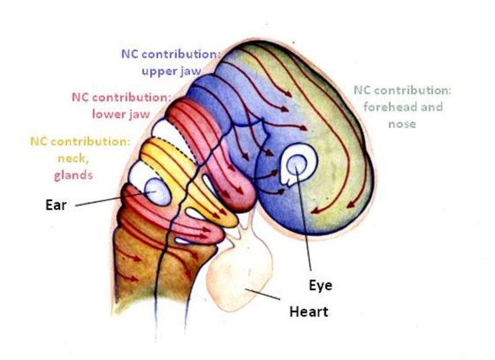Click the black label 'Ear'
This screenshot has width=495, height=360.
pyautogui.click(x=56, y=205)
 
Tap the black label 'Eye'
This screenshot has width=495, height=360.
pyautogui.click(x=321, y=286)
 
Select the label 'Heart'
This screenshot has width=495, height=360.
pyautogui.click(x=309, y=312)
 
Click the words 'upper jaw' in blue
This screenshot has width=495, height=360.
pyautogui.click(x=171, y=71)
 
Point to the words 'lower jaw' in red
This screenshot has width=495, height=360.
pyautogui.click(x=121, y=114)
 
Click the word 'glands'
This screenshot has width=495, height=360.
pyautogui.click(x=74, y=176)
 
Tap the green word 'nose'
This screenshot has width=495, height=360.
pyautogui.click(x=402, y=124)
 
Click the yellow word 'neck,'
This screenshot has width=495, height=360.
pyautogui.click(x=73, y=158)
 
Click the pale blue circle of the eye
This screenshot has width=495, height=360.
pyautogui.click(x=297, y=164)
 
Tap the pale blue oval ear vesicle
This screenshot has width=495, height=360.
pyautogui.click(x=158, y=192)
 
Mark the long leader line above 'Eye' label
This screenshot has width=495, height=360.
pyautogui.click(x=303, y=218)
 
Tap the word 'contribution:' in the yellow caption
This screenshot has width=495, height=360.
pyautogui.click(x=90, y=142)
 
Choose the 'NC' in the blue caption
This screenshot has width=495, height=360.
pyautogui.click(x=130, y=54)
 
